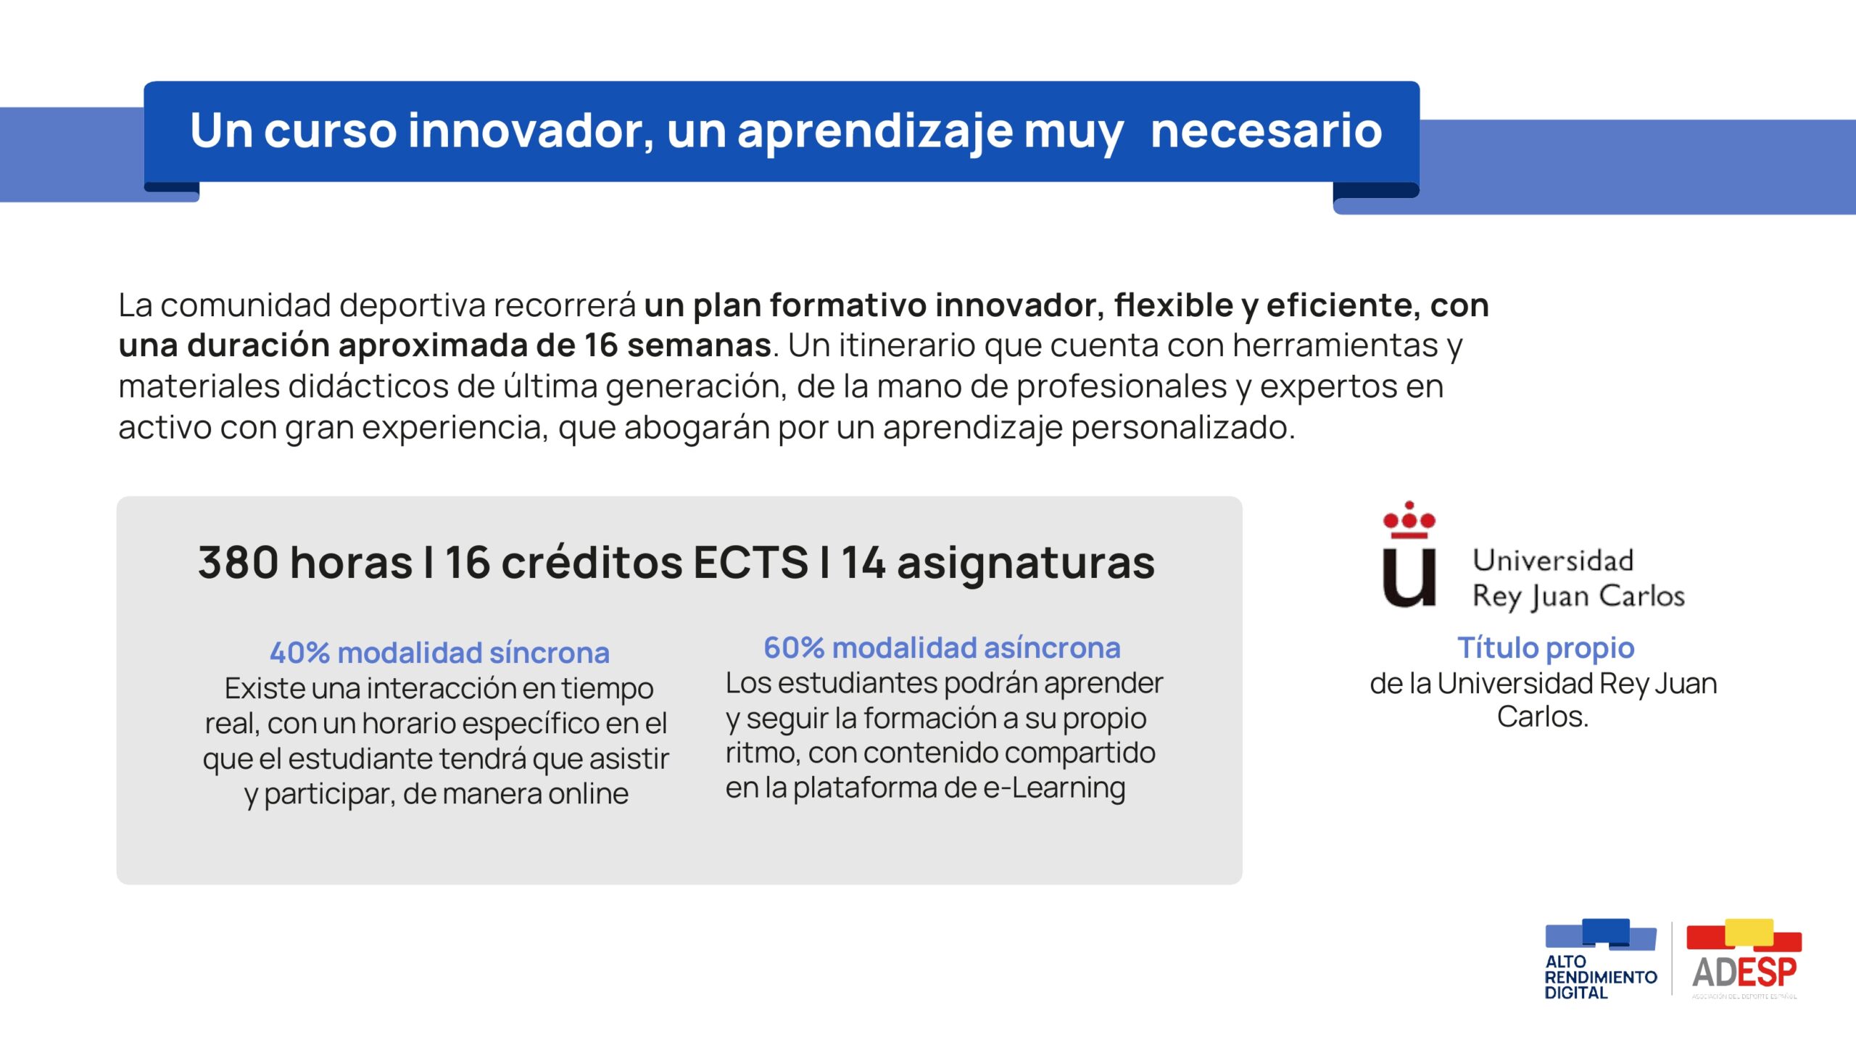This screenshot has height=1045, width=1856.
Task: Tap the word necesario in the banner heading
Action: (1266, 131)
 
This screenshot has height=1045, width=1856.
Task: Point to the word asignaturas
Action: (1025, 564)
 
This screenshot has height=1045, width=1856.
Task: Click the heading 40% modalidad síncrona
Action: (439, 653)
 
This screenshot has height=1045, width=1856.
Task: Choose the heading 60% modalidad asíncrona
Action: (942, 648)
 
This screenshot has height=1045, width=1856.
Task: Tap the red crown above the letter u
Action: (1409, 519)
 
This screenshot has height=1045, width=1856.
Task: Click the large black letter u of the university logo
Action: (1409, 577)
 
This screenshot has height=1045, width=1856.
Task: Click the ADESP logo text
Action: (1744, 972)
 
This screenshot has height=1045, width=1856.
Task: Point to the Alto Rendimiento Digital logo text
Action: (1600, 977)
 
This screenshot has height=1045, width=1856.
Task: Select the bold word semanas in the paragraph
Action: (699, 345)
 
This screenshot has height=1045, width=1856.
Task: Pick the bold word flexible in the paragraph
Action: (1174, 305)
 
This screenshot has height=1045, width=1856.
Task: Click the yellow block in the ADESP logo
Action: (1749, 932)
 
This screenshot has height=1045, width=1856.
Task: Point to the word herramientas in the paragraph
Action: (1335, 345)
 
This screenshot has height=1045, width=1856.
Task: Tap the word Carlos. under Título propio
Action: (1542, 717)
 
